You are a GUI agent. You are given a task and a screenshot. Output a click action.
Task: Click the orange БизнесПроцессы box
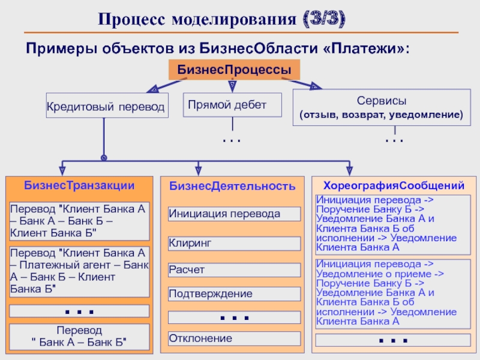235,70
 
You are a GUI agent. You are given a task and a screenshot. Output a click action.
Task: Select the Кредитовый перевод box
107,106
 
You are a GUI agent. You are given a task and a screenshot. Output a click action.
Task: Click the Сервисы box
382,107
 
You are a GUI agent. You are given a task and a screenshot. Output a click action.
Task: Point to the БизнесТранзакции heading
79,185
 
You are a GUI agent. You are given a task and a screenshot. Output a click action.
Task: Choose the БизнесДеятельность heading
232,186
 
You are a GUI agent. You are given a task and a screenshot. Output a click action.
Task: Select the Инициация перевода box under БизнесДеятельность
233,214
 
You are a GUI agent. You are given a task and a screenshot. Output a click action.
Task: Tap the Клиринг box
233,243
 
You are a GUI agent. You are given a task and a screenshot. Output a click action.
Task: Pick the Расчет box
233,270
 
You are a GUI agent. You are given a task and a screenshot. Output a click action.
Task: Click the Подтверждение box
233,294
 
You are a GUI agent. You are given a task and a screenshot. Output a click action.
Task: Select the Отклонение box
233,338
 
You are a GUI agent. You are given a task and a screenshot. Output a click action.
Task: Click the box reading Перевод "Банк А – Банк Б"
79,337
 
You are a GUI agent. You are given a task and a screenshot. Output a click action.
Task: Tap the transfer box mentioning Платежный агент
79,271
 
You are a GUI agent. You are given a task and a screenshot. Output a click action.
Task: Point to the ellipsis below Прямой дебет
231,140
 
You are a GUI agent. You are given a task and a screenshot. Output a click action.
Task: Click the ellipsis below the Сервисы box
394,140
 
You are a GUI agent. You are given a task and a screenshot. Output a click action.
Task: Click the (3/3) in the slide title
323,20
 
